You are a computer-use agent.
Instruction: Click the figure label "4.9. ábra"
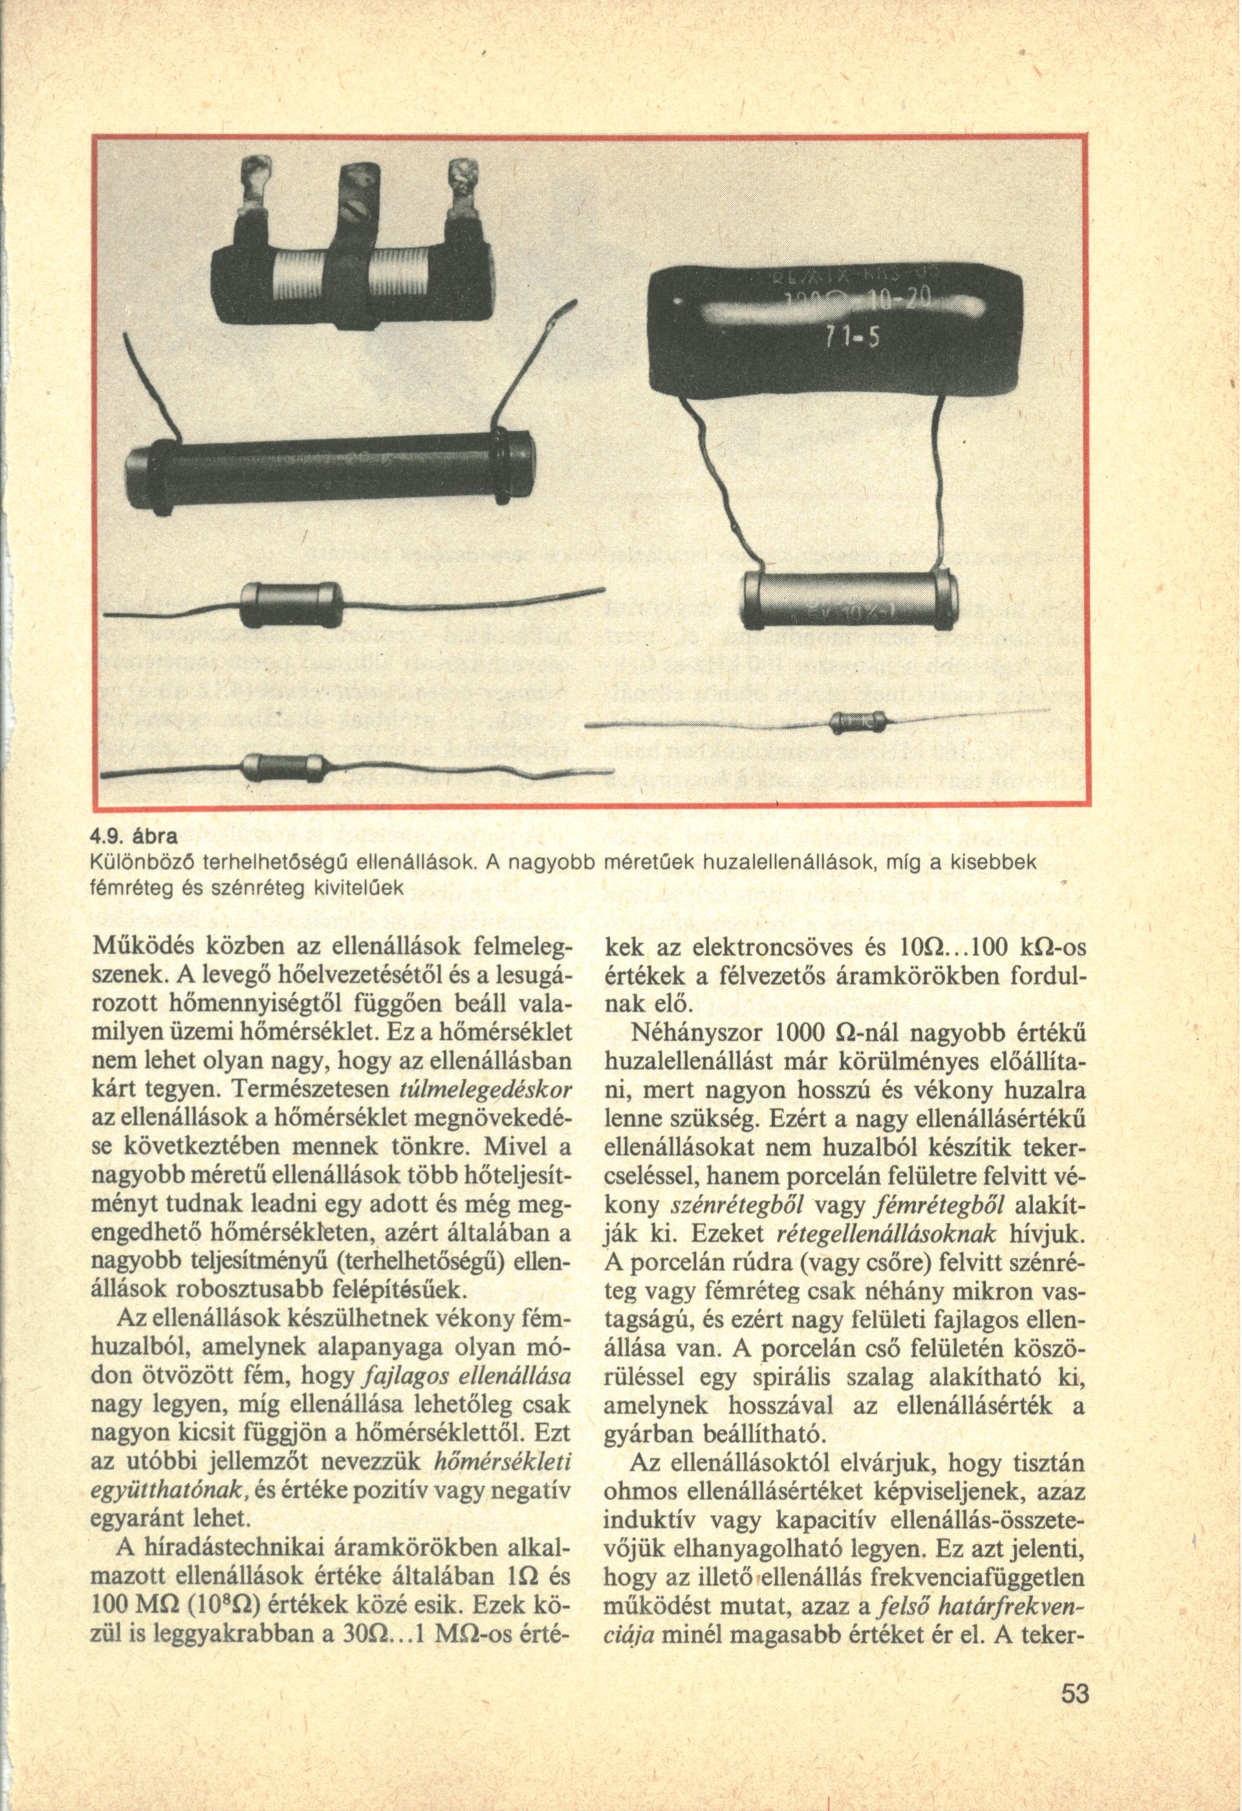(x=134, y=838)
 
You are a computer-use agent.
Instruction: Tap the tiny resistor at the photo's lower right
(x=858, y=722)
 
